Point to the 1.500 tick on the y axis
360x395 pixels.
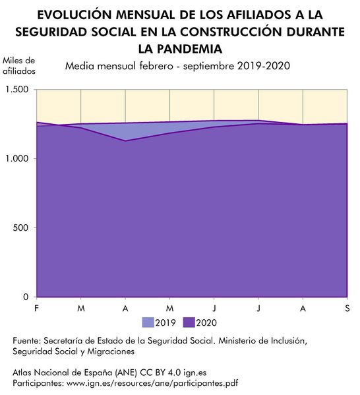[x=17, y=90]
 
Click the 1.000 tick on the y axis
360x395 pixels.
[x=17, y=159]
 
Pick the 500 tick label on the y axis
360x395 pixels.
[x=21, y=228]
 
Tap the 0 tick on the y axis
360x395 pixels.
[x=27, y=297]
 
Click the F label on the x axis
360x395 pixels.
[x=36, y=309]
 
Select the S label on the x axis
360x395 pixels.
[x=347, y=309]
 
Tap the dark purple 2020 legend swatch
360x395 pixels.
[x=189, y=322]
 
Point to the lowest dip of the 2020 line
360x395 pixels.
[x=125, y=140]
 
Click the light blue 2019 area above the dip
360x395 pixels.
[x=125, y=130]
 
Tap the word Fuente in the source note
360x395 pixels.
[x=26, y=341]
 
